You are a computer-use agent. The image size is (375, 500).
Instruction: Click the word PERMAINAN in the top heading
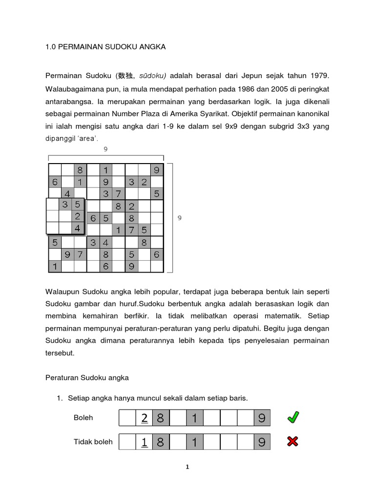78,47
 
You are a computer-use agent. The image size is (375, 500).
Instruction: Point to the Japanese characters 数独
124,76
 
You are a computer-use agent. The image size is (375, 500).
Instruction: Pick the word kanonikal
313,114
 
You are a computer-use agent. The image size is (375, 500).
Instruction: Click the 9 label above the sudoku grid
106,149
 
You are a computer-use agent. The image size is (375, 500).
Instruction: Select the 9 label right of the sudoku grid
179,218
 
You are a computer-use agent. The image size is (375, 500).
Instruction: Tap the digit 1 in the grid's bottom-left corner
54,266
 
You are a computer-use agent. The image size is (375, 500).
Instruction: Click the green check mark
293,417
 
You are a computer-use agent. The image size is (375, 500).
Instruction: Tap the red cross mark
293,442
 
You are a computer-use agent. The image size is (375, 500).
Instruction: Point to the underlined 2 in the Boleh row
144,418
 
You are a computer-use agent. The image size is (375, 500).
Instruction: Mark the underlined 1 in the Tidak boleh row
144,442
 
